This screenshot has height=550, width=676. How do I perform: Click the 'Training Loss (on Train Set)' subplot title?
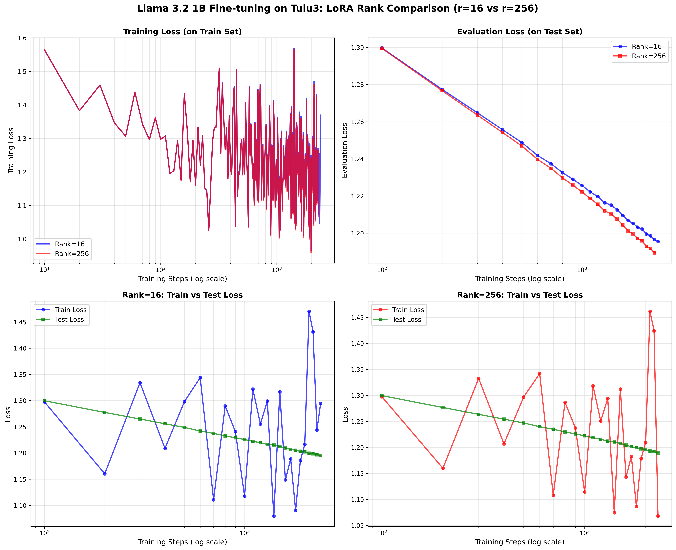[182, 32]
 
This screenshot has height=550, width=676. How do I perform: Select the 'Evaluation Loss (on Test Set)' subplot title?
[519, 32]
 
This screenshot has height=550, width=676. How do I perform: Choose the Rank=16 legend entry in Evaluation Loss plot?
[646, 47]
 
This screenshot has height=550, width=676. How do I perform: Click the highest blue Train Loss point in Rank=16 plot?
[309, 311]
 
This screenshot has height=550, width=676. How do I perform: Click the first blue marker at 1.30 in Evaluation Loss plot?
[382, 48]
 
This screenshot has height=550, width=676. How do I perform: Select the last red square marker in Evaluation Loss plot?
[654, 253]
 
